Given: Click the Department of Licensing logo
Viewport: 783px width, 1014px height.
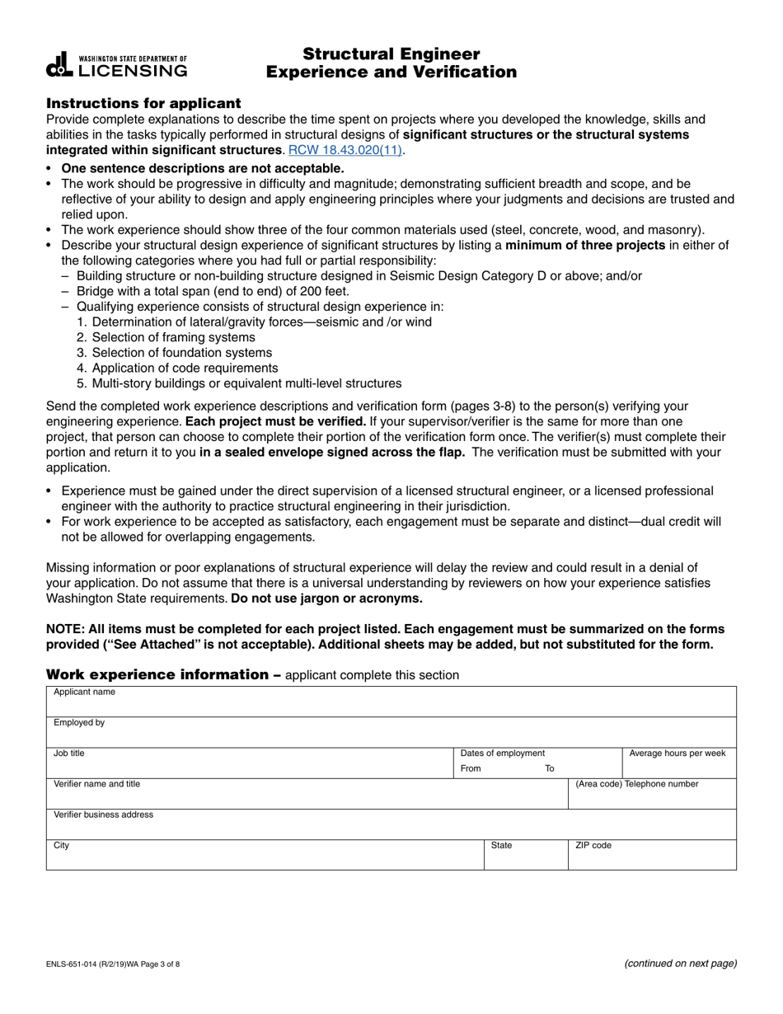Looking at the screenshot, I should (117, 65).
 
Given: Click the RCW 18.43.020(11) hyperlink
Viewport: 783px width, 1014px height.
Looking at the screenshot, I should (346, 150).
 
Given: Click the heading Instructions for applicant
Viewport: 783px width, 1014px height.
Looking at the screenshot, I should (143, 103).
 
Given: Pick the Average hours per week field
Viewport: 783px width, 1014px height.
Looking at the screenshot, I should (678, 767).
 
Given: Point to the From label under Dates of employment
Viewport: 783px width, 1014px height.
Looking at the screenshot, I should (471, 768).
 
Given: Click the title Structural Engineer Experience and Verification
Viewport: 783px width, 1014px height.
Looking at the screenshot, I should (391, 63).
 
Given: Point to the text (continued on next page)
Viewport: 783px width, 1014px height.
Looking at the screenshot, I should (680, 963).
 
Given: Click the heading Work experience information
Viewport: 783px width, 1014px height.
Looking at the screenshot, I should (158, 674).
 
